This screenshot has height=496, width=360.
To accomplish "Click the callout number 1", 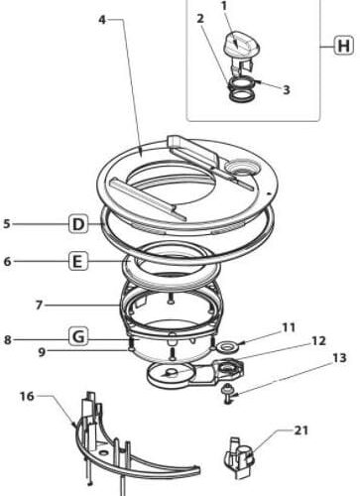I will pyautogui.click(x=225, y=7).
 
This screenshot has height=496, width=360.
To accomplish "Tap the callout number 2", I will pyautogui.click(x=200, y=19).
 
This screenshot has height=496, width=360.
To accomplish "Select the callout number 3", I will pyautogui.click(x=286, y=89).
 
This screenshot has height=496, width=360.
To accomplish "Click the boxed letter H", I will pyautogui.click(x=343, y=46).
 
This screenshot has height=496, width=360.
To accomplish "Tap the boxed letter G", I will pyautogui.click(x=79, y=337).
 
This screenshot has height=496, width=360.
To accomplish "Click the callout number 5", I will pyautogui.click(x=8, y=224).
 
